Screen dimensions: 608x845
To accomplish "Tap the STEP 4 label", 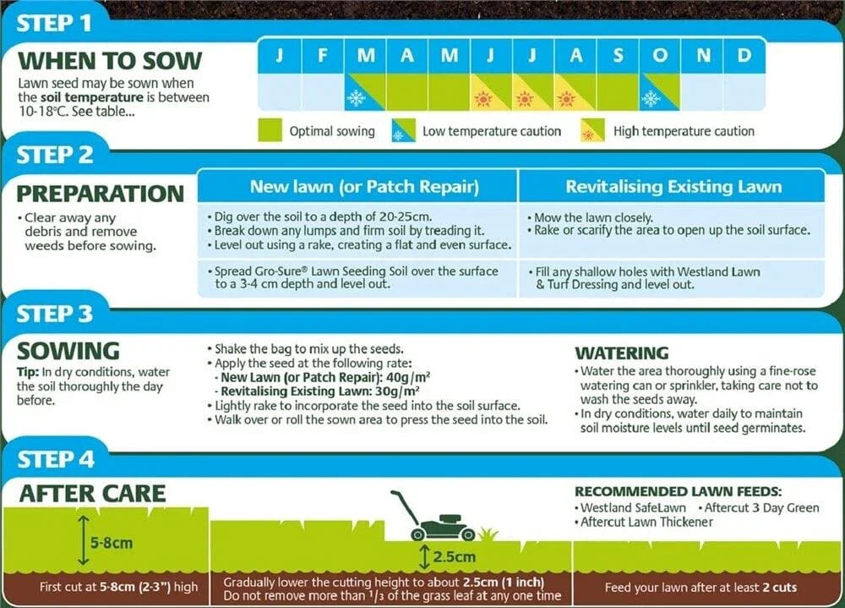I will coord(56,459).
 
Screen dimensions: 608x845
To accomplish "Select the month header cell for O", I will coord(659,56).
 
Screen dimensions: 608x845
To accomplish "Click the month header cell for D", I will coord(744,56).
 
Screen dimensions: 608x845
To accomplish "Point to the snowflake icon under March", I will coord(356,98).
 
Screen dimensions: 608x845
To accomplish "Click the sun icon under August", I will coord(567,99).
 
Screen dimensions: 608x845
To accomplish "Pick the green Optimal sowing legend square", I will coord(270,130).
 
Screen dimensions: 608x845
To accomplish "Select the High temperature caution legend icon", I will coord(592,131).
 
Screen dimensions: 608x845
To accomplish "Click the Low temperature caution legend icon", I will coord(403,131).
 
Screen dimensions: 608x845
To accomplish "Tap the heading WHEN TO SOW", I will coord(110,61).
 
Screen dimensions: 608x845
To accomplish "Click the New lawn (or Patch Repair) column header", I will coord(364,186).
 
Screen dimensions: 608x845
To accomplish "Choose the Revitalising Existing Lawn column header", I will coord(673,186).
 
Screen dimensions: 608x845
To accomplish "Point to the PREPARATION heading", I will coord(100,193).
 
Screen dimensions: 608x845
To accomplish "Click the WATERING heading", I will coord(621,353).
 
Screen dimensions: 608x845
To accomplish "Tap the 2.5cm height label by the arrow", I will coord(454,557).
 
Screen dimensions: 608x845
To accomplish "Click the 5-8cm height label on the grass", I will coord(112,542).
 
